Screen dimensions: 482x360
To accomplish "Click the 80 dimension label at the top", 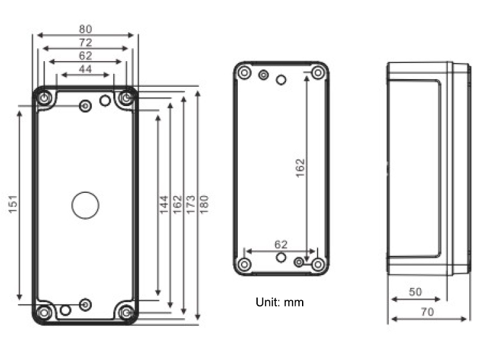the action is point(85,29).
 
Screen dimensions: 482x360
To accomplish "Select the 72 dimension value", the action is point(85,42).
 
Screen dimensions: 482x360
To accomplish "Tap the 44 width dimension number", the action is point(85,69).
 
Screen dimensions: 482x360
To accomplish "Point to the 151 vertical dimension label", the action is point(13,204).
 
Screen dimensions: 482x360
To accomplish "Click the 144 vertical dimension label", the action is point(164,204).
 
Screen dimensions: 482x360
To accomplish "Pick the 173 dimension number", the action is point(191,204).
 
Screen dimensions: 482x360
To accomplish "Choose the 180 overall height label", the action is point(204,204).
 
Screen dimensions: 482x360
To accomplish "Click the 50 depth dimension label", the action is point(415,292).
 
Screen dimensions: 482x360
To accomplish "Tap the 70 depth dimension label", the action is point(427,312).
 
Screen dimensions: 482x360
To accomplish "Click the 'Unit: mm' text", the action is point(280,302).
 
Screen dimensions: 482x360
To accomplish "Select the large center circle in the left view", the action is point(85,205).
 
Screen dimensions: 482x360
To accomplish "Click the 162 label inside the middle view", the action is point(300,168).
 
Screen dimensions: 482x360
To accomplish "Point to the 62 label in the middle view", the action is point(281,245).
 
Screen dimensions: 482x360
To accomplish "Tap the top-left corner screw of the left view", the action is point(44,98).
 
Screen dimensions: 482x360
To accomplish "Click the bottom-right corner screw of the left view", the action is point(126,313).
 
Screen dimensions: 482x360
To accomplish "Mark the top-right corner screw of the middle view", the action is point(318,73).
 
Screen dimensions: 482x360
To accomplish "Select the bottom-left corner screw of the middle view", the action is point(245,264).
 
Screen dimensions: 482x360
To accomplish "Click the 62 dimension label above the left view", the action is point(85,56).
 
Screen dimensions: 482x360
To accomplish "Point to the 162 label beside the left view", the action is point(177,204).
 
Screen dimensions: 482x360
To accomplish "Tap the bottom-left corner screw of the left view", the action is point(44,313).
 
